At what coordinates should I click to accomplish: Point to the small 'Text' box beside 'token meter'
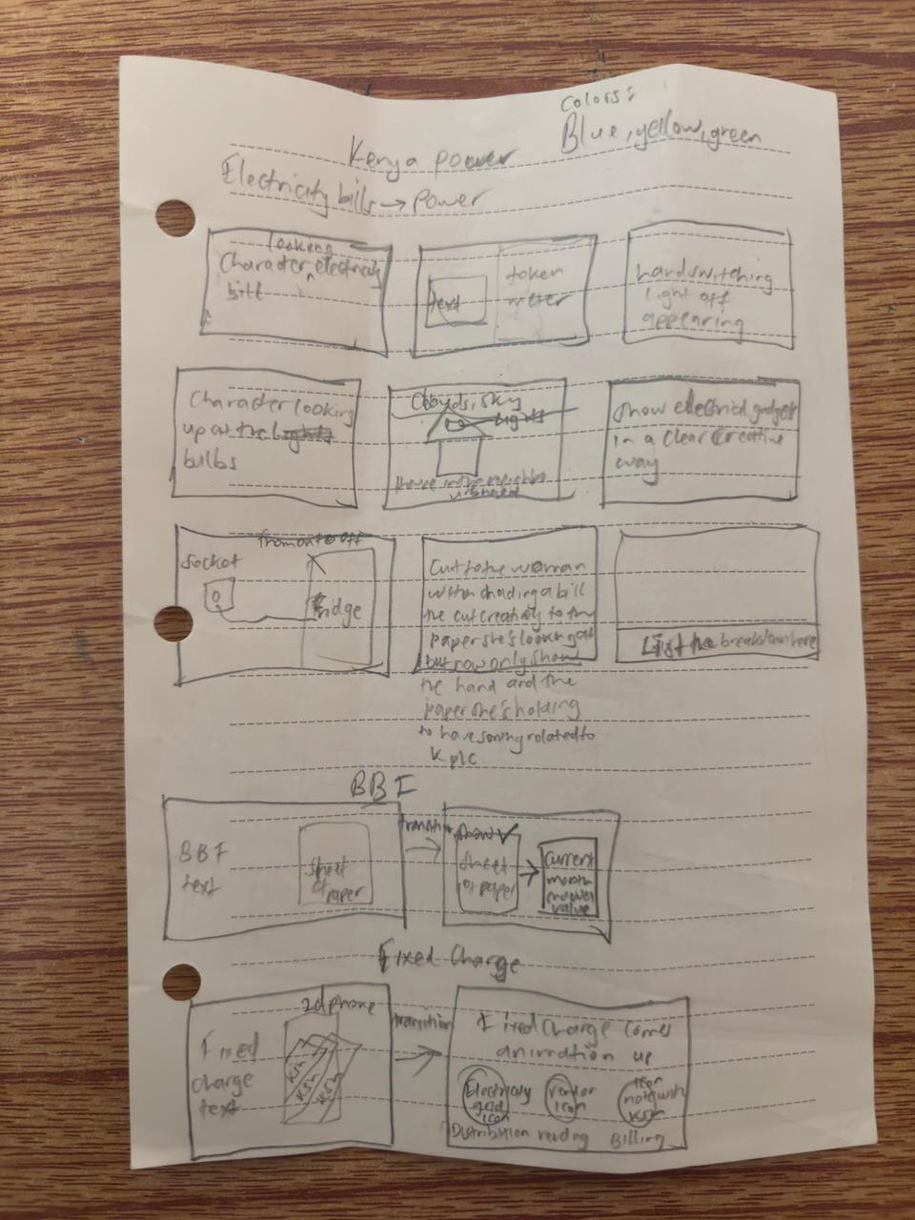pos(457,303)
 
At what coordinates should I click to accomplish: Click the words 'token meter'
pos(536,286)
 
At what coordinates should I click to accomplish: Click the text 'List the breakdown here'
pos(729,644)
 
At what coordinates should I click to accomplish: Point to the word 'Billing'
pos(638,1138)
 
